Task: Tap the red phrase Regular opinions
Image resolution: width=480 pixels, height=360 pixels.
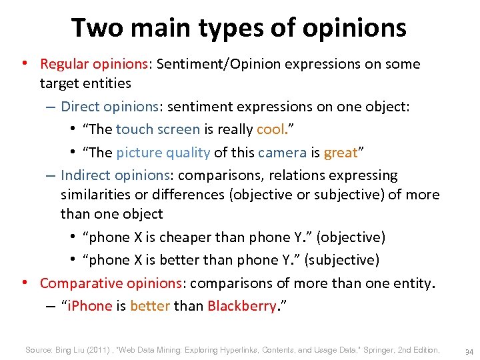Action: [94, 64]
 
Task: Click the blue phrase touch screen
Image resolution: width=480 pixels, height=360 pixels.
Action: [158, 129]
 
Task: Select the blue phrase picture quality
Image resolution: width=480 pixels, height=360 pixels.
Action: [163, 152]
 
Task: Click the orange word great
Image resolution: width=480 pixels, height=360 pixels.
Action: [341, 152]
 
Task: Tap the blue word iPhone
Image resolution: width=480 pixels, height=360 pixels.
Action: [88, 306]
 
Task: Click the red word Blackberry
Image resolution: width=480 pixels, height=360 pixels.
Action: [241, 306]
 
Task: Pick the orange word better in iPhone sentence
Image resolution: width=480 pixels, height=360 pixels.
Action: [150, 306]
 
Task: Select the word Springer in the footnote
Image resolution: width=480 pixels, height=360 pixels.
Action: [378, 350]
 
